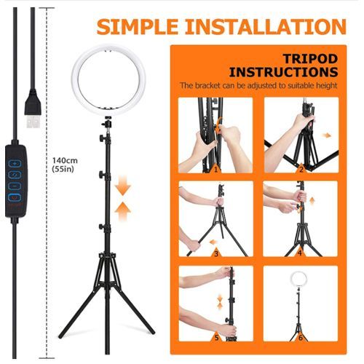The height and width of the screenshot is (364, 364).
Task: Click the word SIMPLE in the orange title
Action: point(138,26)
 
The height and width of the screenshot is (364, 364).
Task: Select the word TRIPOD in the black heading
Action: point(311,59)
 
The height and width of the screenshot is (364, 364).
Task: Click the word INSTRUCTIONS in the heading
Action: point(283,72)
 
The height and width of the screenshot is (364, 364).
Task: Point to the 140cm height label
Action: point(65,160)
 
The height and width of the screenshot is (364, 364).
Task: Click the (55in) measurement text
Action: point(63,169)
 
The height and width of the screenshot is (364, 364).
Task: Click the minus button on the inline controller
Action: point(15,186)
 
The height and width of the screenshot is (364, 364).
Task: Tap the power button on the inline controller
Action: point(15,198)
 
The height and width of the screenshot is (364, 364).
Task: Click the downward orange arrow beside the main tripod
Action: point(123,188)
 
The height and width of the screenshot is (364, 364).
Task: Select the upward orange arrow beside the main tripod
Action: point(123,210)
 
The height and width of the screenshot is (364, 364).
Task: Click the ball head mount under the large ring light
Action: point(107,122)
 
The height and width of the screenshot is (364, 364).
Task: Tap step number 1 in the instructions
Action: point(215,170)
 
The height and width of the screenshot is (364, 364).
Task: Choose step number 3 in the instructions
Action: point(216,254)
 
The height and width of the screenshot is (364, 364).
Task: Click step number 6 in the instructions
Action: point(301,338)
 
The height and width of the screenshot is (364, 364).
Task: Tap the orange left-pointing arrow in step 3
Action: point(214,242)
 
